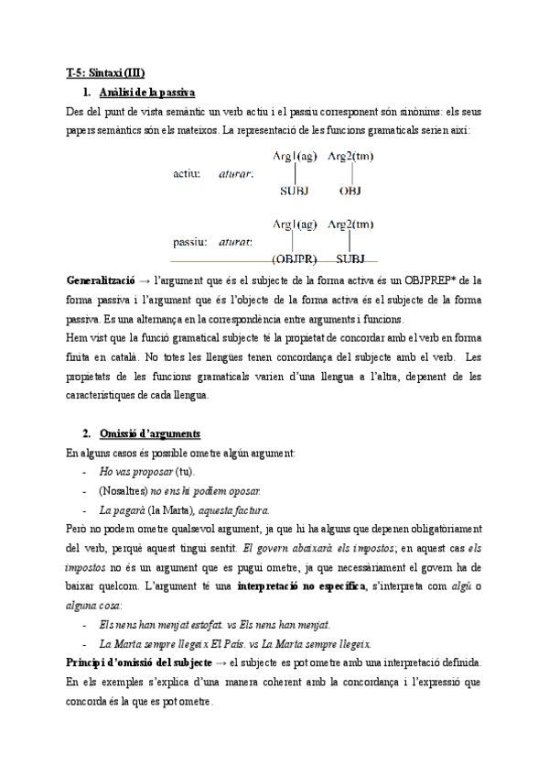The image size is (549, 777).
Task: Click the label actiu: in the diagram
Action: [187, 172]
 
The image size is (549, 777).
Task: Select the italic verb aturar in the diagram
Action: [236, 172]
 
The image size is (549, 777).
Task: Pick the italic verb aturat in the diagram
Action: [236, 243]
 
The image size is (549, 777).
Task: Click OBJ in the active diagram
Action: [350, 192]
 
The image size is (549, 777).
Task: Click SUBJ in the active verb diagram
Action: [294, 192]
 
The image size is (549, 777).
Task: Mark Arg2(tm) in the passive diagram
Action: [350, 224]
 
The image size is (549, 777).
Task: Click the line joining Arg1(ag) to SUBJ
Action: [294, 173]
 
